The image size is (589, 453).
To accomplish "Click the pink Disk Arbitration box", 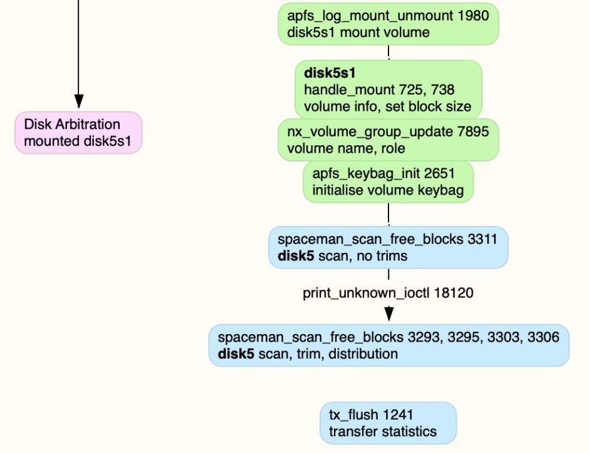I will (78, 132).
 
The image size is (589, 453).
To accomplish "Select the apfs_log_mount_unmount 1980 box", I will (388, 24).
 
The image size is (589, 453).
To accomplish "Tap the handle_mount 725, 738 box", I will (388, 89).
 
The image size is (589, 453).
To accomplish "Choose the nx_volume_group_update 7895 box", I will (388, 140).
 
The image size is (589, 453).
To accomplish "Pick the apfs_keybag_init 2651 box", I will (388, 181).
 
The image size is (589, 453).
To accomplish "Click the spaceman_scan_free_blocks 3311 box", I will (388, 247).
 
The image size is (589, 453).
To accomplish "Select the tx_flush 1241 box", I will (388, 423).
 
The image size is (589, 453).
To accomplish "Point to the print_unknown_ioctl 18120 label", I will (388, 292).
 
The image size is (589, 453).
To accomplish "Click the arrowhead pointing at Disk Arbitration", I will (78, 101).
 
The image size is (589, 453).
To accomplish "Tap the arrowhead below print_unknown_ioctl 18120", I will (388, 313).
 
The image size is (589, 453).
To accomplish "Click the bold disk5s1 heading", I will (330, 74).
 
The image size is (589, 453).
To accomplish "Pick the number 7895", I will (474, 131).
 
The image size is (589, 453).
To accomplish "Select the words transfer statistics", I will (383, 431).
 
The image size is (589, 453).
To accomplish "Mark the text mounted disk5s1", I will (78, 141).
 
